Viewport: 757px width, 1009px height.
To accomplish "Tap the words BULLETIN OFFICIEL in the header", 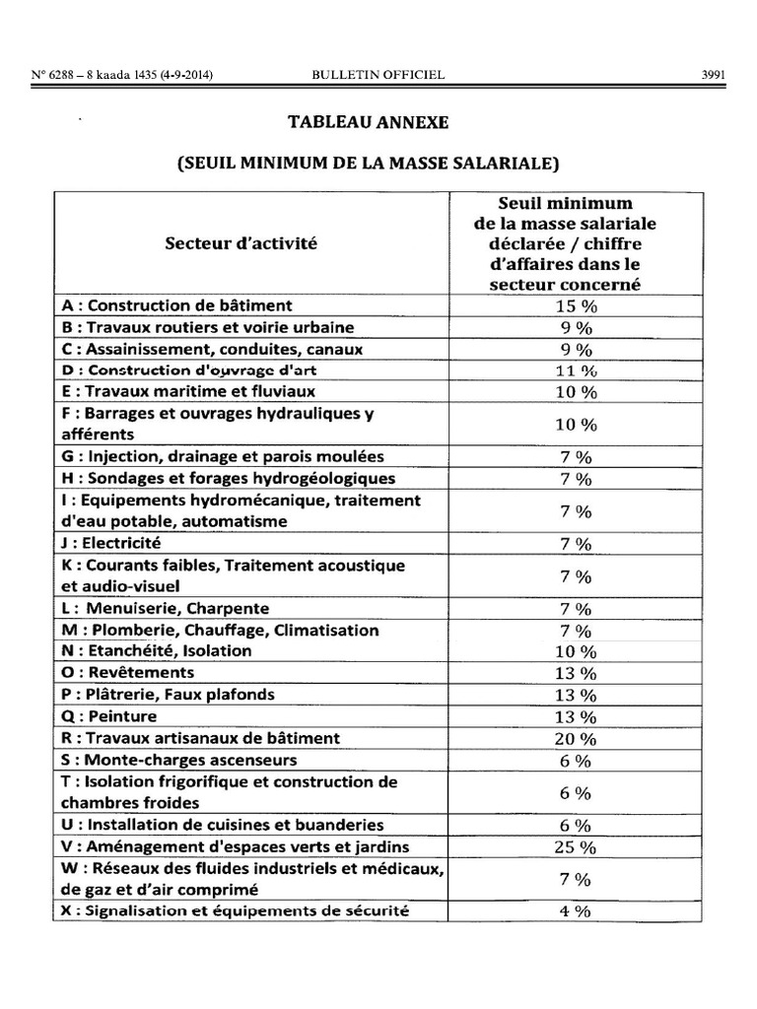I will (x=378, y=74).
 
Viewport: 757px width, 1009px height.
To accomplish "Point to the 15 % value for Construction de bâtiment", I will (x=577, y=306).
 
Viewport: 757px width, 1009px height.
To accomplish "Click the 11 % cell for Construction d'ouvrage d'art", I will (x=577, y=371).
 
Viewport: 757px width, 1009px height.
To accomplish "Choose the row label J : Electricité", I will (x=110, y=543).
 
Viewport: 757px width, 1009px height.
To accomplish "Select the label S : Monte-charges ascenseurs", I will (x=178, y=760).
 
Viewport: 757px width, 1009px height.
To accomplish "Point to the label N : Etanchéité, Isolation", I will (x=156, y=651).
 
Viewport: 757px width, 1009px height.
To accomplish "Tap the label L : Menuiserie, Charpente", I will (x=165, y=609).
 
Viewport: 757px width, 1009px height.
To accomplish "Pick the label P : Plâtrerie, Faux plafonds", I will (x=169, y=695).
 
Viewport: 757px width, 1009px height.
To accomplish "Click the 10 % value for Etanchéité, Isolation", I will (x=577, y=652).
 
